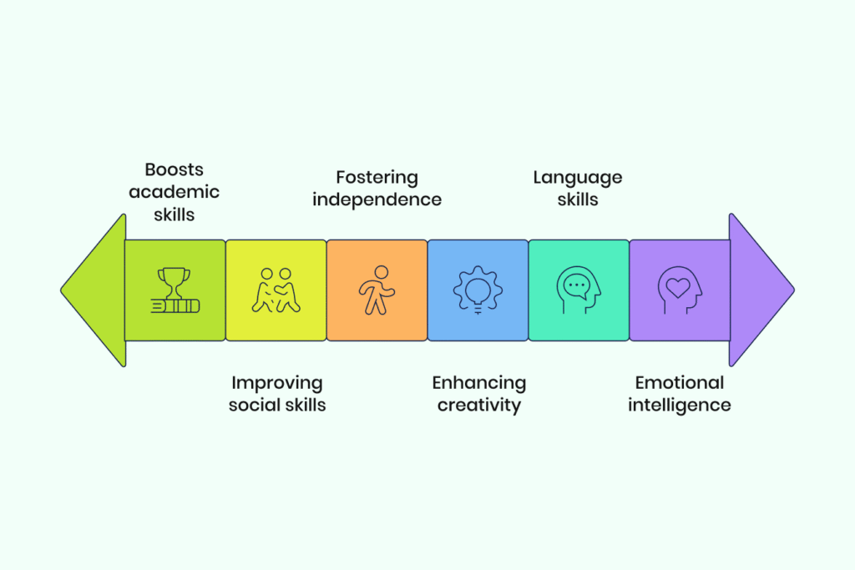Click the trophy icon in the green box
tap(175, 290)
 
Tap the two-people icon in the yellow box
tap(276, 290)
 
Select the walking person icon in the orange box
tap(377, 290)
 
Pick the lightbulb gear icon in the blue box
tap(478, 290)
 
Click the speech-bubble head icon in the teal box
tap(579, 290)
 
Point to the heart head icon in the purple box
tap(680, 290)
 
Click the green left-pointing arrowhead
tap(94, 290)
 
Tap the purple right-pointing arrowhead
tap(761, 290)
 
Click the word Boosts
tap(174, 170)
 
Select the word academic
tap(174, 192)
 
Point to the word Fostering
tap(377, 179)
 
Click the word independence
tap(377, 200)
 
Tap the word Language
tap(578, 179)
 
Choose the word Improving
tap(277, 384)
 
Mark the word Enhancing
tap(478, 384)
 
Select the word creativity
tap(478, 406)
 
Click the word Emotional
tap(680, 383)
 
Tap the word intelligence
tap(680, 406)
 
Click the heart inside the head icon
tap(678, 288)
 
